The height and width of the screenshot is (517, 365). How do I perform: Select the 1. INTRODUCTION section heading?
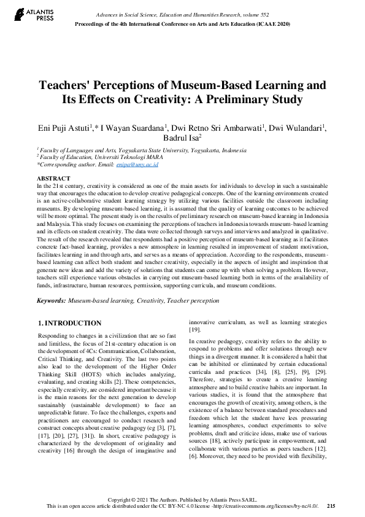69,323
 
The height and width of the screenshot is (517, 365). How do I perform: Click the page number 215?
331,506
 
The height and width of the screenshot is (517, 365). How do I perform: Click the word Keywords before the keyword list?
51,301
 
